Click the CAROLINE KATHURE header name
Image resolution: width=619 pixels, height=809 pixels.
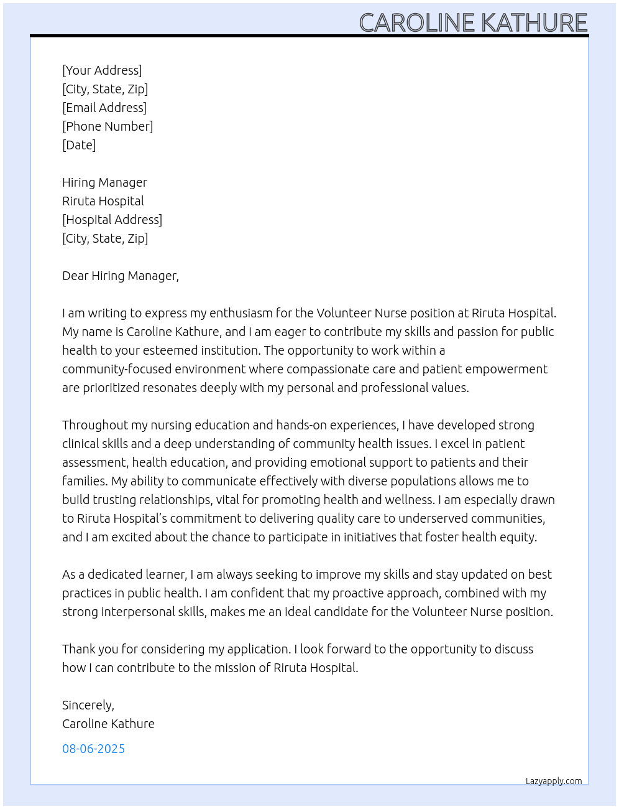click(x=473, y=23)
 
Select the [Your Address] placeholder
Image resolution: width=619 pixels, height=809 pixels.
click(x=102, y=70)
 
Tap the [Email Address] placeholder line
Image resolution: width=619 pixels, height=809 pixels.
click(x=104, y=108)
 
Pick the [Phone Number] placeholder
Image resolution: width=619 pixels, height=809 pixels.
click(x=108, y=126)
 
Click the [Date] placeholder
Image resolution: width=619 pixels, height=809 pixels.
click(x=79, y=145)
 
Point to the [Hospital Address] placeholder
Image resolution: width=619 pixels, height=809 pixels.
click(x=112, y=220)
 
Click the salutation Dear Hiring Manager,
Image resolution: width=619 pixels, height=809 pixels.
click(x=121, y=276)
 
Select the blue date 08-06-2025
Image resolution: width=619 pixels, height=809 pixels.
click(x=93, y=749)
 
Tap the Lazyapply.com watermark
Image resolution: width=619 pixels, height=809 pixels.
click(x=554, y=781)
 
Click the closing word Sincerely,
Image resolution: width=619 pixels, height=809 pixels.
click(x=88, y=705)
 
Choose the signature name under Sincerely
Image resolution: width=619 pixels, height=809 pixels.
click(x=108, y=724)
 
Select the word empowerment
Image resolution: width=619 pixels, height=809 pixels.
click(x=508, y=369)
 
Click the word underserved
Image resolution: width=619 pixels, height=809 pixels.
click(x=433, y=518)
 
